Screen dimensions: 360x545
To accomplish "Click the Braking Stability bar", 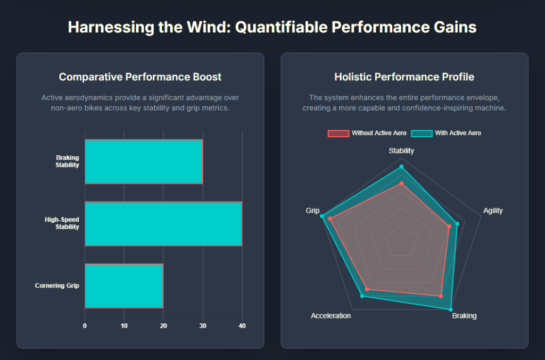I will click(x=144, y=162).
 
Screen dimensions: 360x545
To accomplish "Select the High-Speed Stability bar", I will click(x=163, y=224).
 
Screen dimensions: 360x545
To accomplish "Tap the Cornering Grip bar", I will click(x=124, y=286).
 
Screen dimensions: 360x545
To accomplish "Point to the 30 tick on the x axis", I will click(x=203, y=326).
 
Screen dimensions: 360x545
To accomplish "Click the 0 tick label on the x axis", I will click(x=85, y=326).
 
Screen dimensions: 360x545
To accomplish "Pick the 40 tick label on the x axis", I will click(x=242, y=326).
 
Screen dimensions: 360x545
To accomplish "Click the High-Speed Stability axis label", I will click(x=62, y=223).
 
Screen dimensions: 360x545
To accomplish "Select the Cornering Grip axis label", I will click(x=57, y=286).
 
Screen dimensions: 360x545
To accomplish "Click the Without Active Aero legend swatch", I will click(x=338, y=133).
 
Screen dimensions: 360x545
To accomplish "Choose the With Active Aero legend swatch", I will click(x=422, y=133).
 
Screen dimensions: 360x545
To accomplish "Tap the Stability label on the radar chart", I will click(x=401, y=151).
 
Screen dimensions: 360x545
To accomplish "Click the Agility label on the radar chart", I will click(x=493, y=211).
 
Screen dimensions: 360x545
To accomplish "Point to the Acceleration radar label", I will click(x=331, y=316).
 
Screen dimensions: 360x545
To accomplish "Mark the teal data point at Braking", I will click(x=451, y=309).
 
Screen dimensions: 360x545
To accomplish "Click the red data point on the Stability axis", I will click(x=401, y=183).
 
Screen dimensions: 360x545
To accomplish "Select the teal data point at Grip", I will click(x=321, y=216).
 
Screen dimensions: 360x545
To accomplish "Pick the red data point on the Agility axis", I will click(x=449, y=227).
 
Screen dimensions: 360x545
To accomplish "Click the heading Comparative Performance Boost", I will click(x=140, y=77).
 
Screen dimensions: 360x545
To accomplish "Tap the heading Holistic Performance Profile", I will click(x=404, y=77).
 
